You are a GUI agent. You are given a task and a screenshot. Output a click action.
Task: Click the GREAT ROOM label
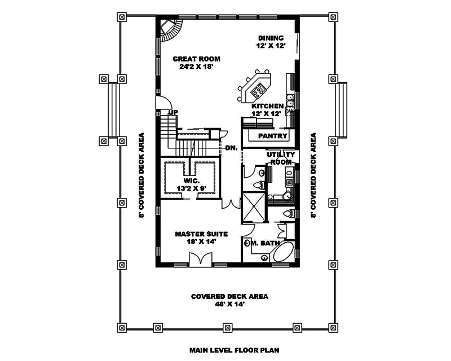click(196, 59)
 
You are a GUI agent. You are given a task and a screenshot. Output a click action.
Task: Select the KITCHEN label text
click(267, 106)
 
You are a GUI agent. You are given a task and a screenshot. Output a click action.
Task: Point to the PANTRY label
click(272, 137)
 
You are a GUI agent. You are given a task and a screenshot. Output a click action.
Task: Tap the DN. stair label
click(230, 148)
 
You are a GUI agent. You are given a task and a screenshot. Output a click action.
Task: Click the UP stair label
click(173, 112)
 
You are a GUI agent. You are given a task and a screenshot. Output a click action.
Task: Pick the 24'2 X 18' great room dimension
click(196, 67)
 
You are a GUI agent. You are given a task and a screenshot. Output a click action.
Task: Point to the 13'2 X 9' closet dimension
click(191, 190)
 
